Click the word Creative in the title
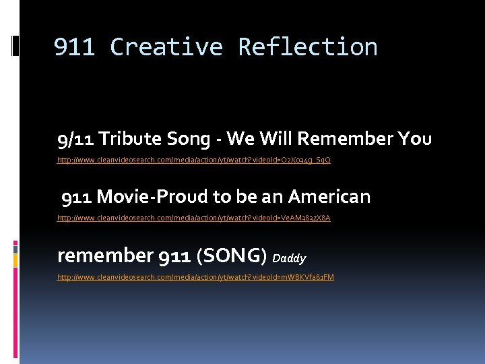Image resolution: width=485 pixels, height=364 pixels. click(x=166, y=47)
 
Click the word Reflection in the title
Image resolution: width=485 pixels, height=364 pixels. click(x=308, y=47)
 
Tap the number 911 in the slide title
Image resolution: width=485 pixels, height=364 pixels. click(x=74, y=47)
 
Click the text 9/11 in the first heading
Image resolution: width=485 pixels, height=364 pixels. click(x=75, y=139)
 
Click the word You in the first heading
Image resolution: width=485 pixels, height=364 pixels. click(x=414, y=139)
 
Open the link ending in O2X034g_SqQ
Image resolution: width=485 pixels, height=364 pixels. click(x=194, y=160)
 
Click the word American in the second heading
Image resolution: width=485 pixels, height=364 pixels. click(x=329, y=197)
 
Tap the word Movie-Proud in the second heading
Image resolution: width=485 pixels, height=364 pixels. click(x=152, y=197)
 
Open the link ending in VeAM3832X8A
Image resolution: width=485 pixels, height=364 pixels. click(x=194, y=218)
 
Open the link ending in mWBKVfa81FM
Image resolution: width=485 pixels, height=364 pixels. click(x=195, y=277)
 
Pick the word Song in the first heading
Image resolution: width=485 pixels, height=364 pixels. click(x=188, y=139)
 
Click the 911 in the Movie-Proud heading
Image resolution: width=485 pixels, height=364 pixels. click(x=77, y=197)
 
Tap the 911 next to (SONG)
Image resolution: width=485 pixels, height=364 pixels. click(x=174, y=256)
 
